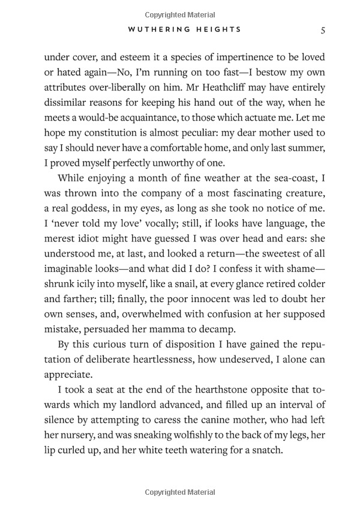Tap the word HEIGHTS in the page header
[x=217, y=29]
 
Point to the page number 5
[x=323, y=29]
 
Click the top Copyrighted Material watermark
[x=180, y=12]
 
